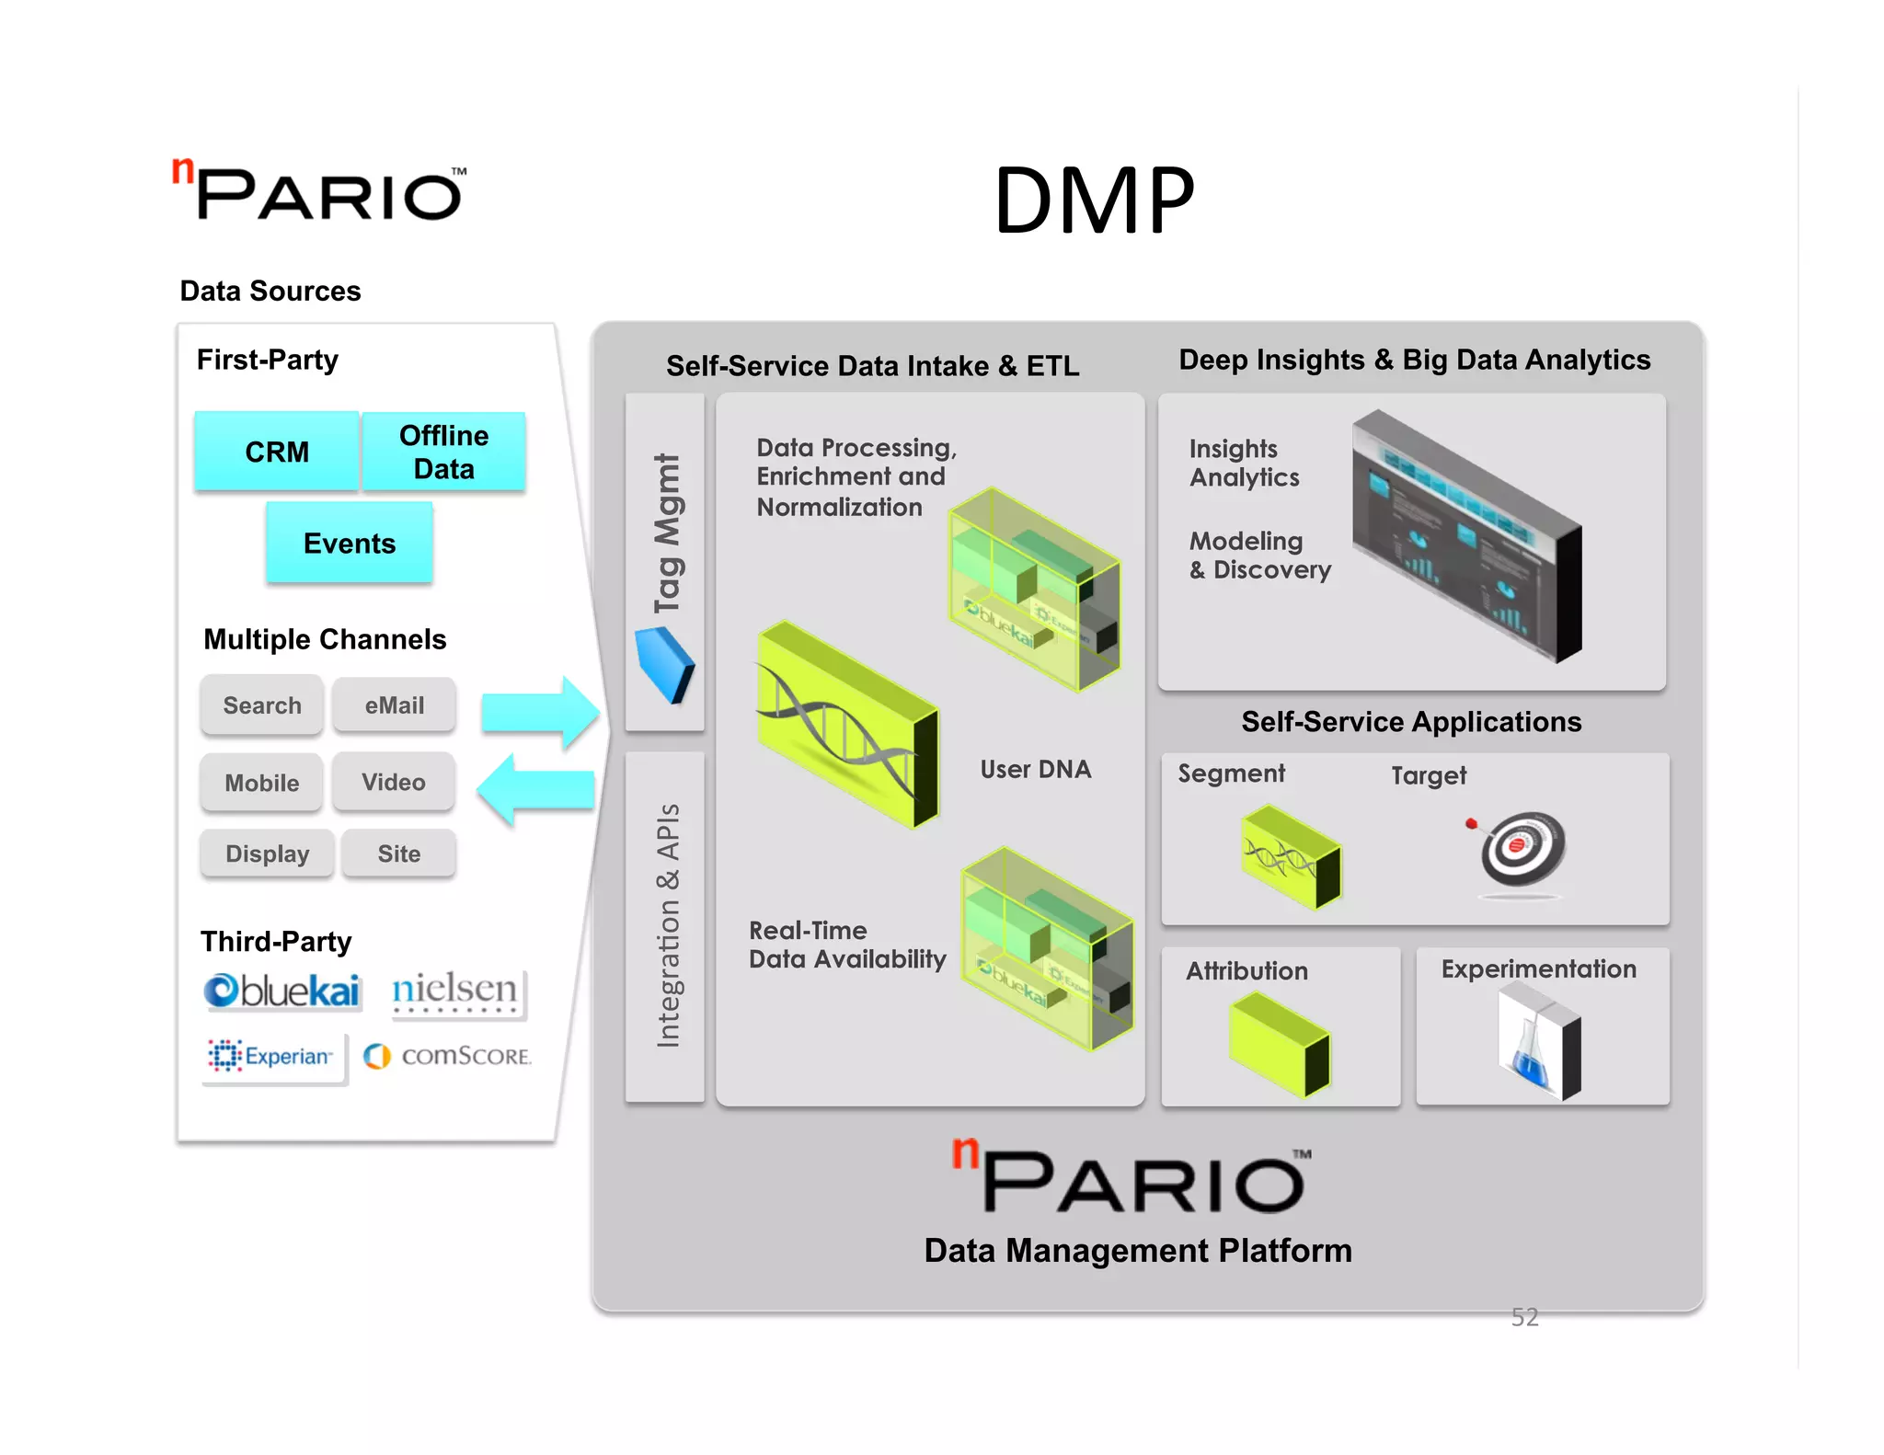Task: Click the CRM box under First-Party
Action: [x=276, y=452]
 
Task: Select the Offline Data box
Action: [x=443, y=452]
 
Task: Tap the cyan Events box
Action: [x=350, y=543]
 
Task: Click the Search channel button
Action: [x=262, y=705]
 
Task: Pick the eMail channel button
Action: [x=394, y=705]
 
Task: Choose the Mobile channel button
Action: [x=262, y=783]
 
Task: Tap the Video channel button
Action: [x=394, y=783]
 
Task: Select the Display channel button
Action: [x=267, y=854]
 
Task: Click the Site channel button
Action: [x=398, y=854]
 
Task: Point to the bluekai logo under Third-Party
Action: [x=281, y=991]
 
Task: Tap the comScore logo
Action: [x=448, y=1056]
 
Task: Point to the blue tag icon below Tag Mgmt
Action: [x=665, y=665]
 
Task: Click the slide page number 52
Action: [x=1524, y=1317]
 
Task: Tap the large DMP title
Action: [x=1094, y=200]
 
